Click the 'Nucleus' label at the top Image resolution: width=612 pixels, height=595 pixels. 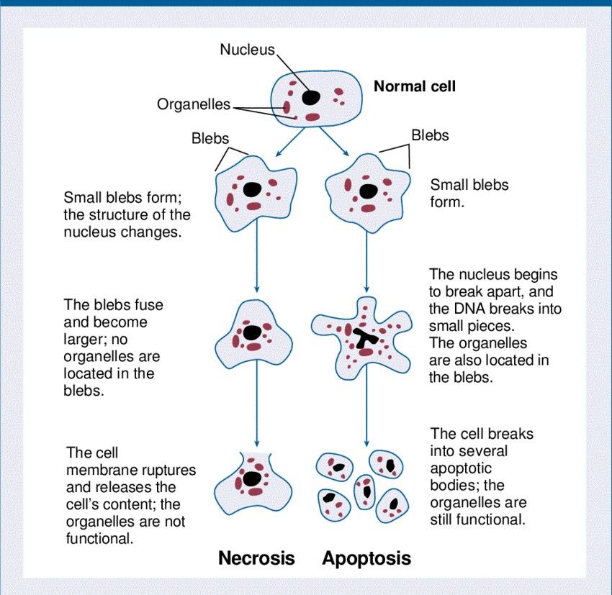pos(247,50)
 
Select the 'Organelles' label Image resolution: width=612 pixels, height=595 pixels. pos(193,105)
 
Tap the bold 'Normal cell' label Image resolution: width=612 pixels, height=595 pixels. pos(414,87)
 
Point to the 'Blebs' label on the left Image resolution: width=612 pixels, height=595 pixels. pos(210,139)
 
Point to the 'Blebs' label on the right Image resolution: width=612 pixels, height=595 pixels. pos(430,135)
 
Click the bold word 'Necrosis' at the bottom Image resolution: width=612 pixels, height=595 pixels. pos(256,558)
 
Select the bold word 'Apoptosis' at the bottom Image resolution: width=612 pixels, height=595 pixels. pos(366,558)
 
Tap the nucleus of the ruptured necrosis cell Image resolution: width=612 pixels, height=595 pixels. pos(252,478)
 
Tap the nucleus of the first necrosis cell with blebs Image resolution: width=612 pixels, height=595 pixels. pos(252,189)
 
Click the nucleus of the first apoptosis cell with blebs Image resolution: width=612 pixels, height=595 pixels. pos(367,191)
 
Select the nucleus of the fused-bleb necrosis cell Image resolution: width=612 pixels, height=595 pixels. pos(252,333)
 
